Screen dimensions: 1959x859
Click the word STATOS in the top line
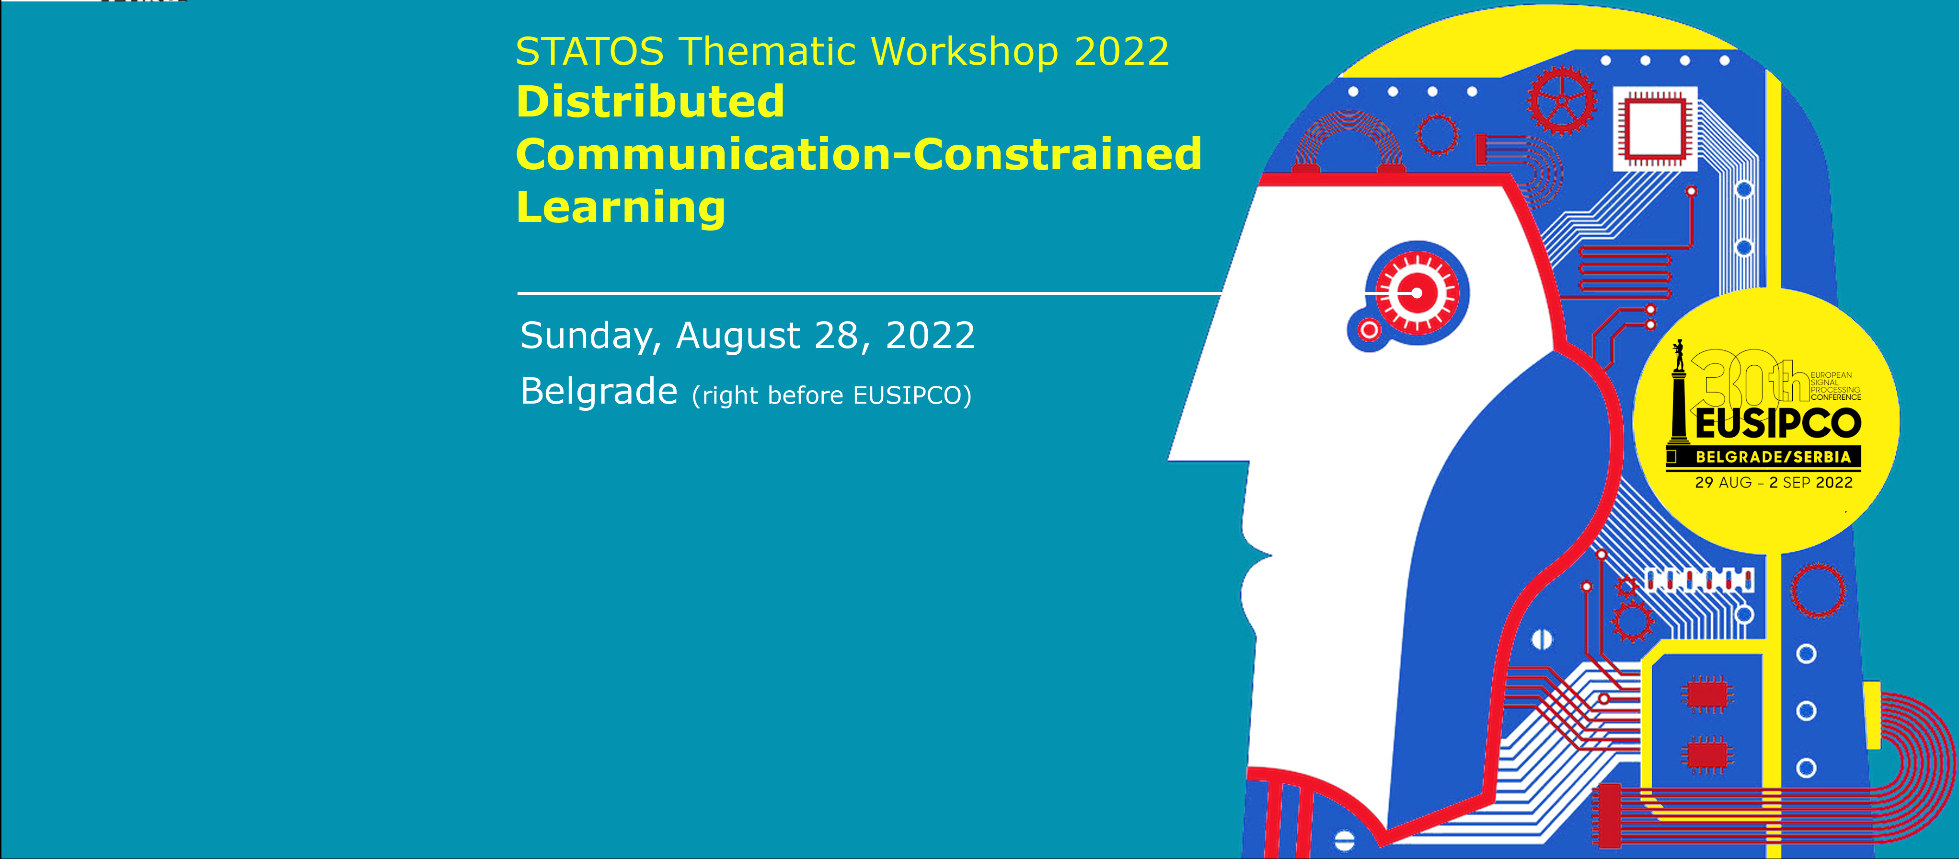[589, 52]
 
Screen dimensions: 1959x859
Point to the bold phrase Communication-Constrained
[859, 154]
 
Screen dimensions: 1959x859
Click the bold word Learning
[621, 207]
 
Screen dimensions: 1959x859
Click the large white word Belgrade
[599, 392]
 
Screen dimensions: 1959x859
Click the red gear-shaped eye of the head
[1416, 293]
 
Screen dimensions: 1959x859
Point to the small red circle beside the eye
[1370, 330]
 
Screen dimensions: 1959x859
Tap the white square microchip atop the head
[1655, 128]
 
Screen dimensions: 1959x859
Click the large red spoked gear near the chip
[1563, 101]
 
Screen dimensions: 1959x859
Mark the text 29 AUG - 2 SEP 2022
[1774, 482]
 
